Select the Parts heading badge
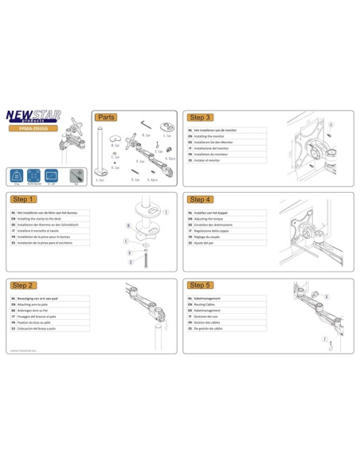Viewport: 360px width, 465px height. click(108, 116)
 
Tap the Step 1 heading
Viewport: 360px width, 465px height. click(23, 199)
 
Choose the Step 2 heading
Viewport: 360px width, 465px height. click(23, 284)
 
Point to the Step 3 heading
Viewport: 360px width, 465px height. click(199, 116)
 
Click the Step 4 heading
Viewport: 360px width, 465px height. click(199, 199)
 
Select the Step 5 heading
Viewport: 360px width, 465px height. click(199, 284)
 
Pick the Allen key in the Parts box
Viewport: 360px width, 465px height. click(146, 123)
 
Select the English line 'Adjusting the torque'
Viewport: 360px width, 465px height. click(213, 220)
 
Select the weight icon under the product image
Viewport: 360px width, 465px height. click(16, 174)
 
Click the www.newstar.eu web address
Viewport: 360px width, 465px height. click(25, 348)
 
